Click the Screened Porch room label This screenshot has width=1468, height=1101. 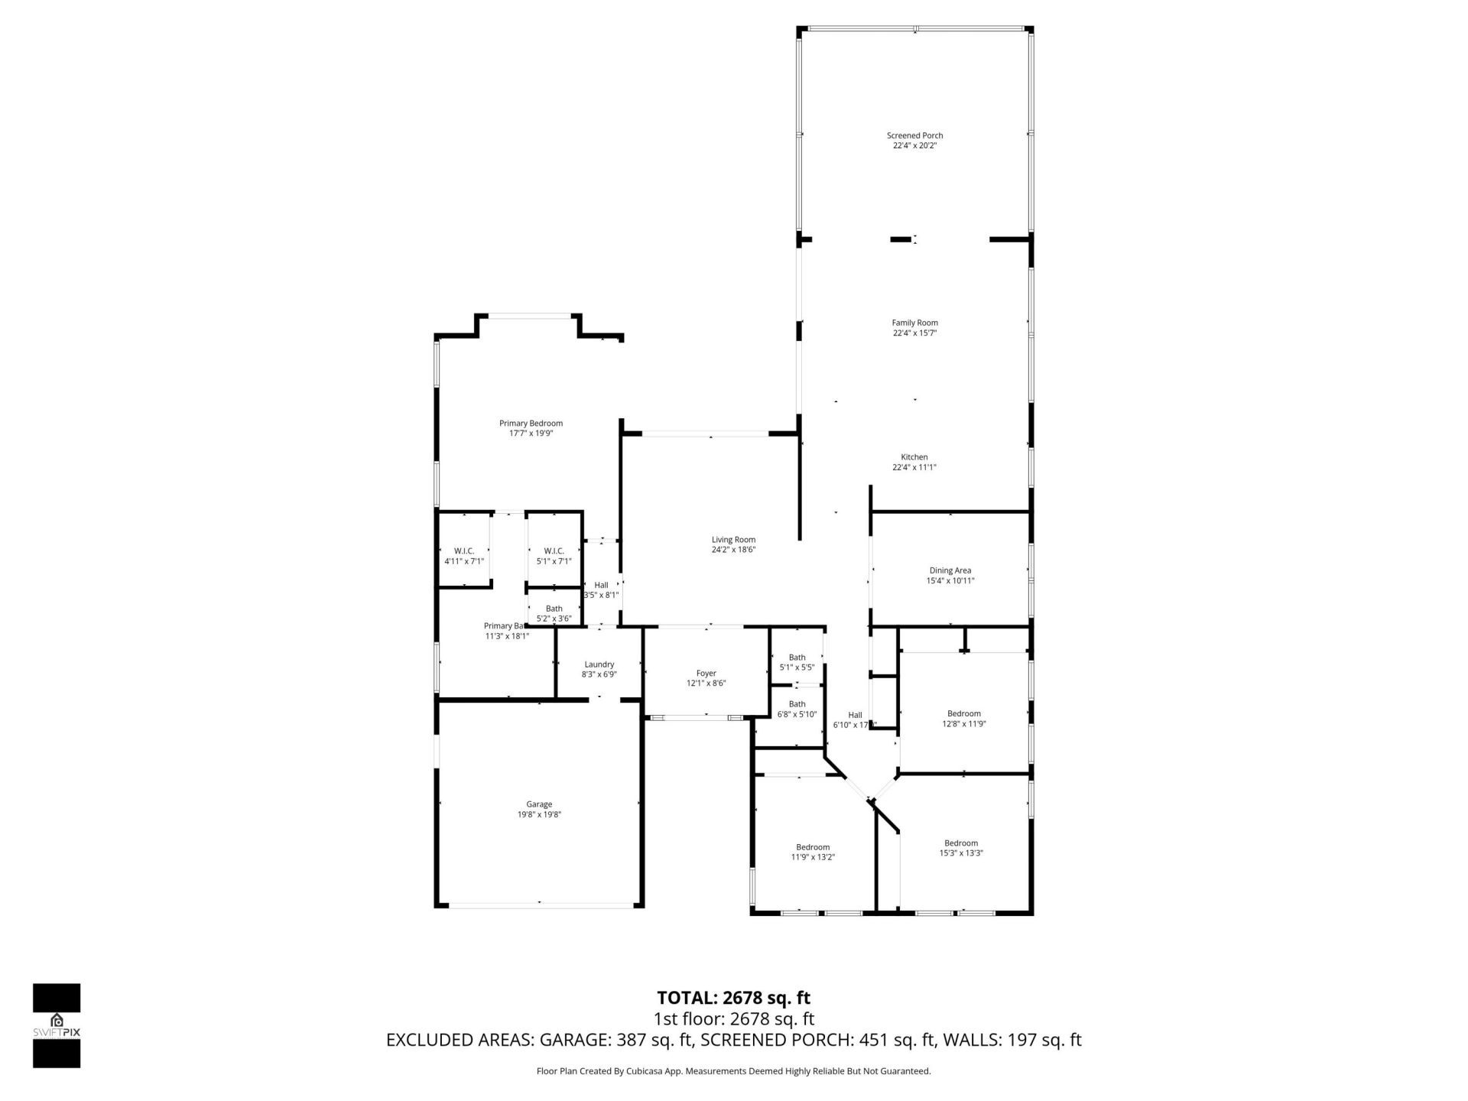[x=914, y=135]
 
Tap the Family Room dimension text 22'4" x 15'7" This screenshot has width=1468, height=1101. [x=914, y=333]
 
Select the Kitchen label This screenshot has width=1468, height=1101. [x=914, y=457]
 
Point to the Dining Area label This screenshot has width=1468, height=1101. [x=950, y=570]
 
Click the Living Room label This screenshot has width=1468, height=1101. [x=733, y=540]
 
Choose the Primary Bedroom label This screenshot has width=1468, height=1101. [x=531, y=424]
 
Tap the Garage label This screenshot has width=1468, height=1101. [x=539, y=804]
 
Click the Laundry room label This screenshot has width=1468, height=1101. [x=599, y=664]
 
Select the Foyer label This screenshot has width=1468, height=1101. [x=706, y=674]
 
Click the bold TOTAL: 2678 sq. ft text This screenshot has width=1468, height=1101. [x=733, y=998]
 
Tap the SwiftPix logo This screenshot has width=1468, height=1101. [x=57, y=1025]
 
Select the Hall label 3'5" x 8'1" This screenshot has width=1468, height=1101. [x=601, y=589]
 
